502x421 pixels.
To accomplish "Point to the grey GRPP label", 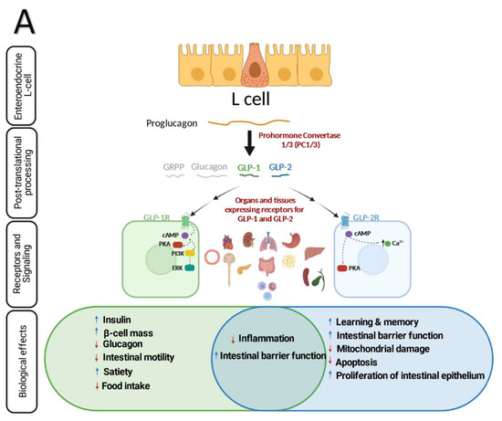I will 172,170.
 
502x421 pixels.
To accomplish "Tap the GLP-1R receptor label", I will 158,219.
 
